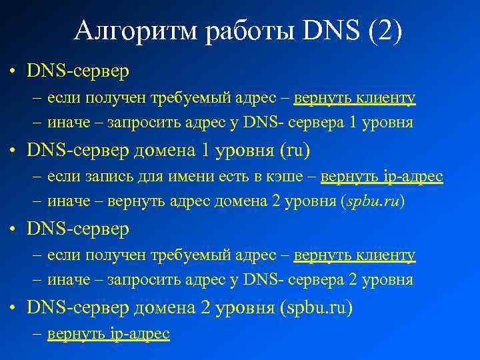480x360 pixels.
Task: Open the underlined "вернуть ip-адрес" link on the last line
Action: tap(108, 333)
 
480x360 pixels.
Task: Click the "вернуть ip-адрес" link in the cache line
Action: tap(381, 177)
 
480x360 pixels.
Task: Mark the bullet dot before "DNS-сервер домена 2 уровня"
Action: tap(13, 308)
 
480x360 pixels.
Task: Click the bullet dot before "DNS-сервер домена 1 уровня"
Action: tap(13, 151)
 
